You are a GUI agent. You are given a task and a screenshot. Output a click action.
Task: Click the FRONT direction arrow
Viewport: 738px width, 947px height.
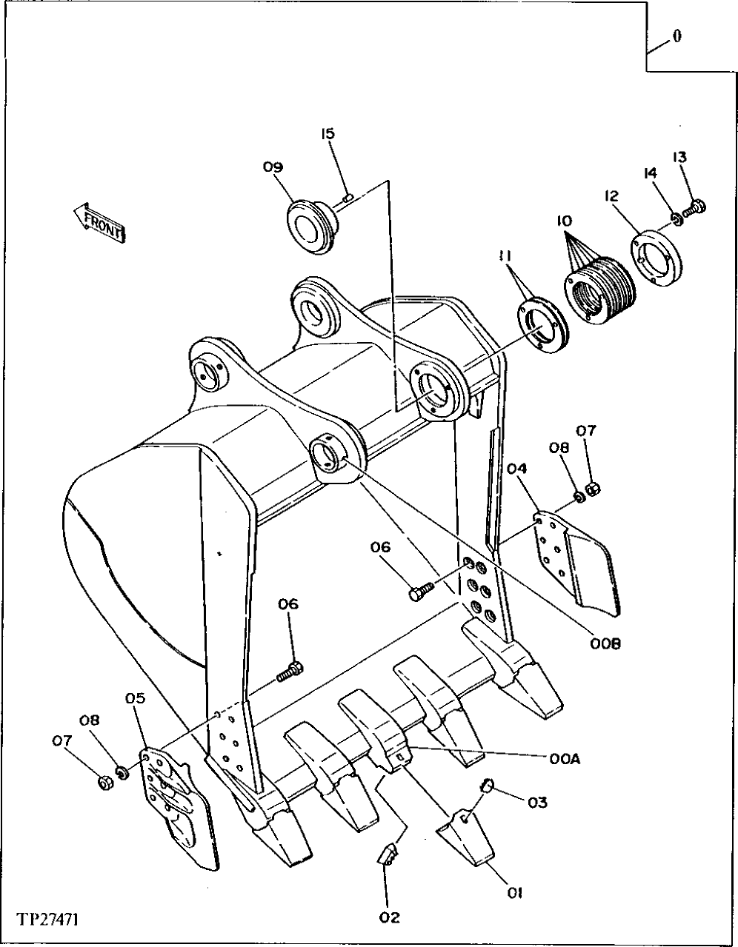(99, 221)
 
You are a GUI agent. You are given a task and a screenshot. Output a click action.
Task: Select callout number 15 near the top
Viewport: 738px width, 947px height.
(328, 134)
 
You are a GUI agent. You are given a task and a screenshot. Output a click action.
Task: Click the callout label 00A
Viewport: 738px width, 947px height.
(564, 757)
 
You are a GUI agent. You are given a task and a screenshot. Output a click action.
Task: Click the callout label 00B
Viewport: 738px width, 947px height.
(607, 643)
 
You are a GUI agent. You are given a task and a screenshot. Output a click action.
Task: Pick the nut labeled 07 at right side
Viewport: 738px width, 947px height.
(592, 488)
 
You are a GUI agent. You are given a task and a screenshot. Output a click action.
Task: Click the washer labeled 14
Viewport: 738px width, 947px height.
(676, 218)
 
